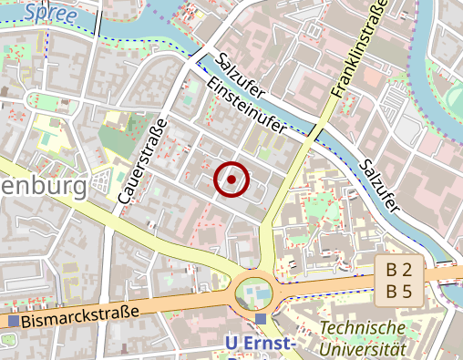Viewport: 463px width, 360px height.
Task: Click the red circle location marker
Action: click(x=231, y=180)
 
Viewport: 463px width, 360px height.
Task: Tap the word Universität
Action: click(x=363, y=348)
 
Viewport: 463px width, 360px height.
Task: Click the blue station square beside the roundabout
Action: click(x=262, y=319)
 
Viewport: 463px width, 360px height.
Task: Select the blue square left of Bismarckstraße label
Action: click(x=13, y=321)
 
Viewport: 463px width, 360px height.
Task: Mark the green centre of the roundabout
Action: click(x=254, y=293)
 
